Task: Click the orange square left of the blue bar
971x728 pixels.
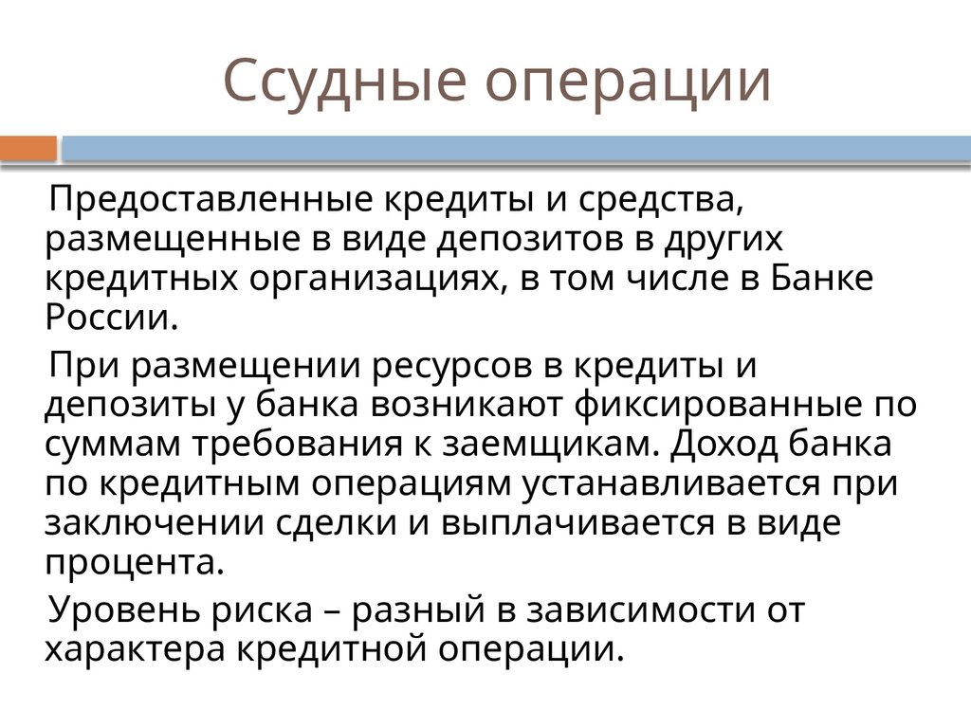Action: pos(28,149)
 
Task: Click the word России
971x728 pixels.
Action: pos(110,318)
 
